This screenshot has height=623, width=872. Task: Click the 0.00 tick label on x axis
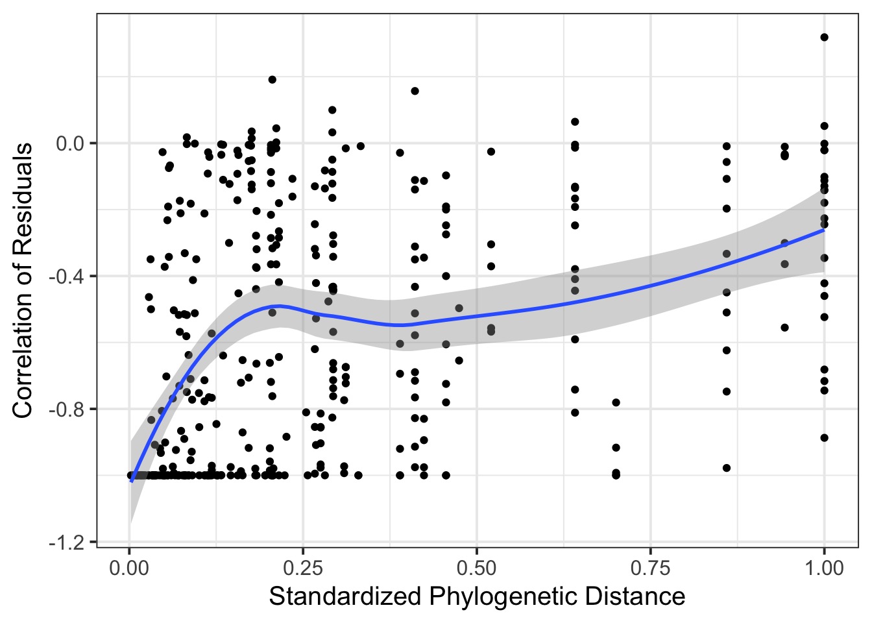pyautogui.click(x=129, y=569)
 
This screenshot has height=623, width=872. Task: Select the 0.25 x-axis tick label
pyautogui.click(x=303, y=569)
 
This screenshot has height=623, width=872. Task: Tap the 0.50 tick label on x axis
pyautogui.click(x=476, y=569)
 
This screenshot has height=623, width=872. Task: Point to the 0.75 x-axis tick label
pyautogui.click(x=650, y=569)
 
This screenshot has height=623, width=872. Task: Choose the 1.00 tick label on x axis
pyautogui.click(x=824, y=569)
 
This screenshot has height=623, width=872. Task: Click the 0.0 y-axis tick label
pyautogui.click(x=71, y=143)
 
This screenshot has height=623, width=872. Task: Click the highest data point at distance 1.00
pyautogui.click(x=824, y=37)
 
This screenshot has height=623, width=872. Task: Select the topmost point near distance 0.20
pyautogui.click(x=272, y=80)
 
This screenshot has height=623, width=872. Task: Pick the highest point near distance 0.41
pyautogui.click(x=415, y=91)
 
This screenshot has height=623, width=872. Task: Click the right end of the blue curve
pyautogui.click(x=824, y=230)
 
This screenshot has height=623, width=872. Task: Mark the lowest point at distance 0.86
pyautogui.click(x=727, y=468)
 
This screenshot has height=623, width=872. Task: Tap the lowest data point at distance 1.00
pyautogui.click(x=824, y=438)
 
